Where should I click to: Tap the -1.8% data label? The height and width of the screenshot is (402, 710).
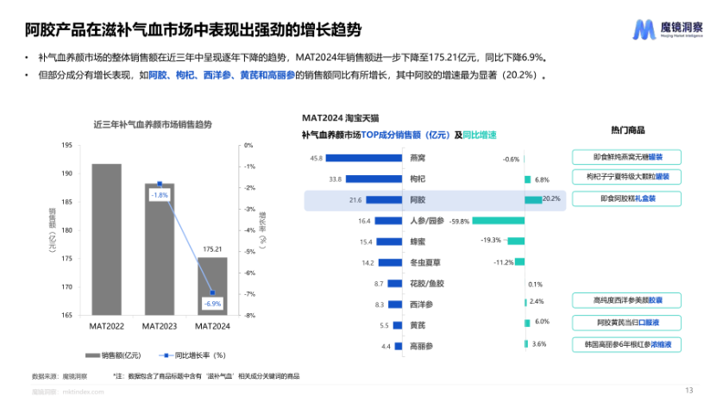pos(160,195)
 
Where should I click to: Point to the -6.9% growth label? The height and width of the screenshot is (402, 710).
pos(211,304)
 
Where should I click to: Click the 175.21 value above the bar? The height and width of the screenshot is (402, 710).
pos(212,249)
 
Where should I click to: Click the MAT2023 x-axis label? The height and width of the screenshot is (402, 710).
pos(159,326)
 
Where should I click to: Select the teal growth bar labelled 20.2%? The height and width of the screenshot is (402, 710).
pos(533,200)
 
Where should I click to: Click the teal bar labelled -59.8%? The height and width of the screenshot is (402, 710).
pos(498,221)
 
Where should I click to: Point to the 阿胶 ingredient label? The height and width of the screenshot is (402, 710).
pos(417,200)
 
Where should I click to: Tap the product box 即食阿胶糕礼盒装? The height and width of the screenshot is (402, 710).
pos(627,198)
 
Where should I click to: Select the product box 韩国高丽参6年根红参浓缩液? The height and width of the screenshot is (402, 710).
pos(627,343)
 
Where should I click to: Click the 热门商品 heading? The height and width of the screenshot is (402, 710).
pos(627,130)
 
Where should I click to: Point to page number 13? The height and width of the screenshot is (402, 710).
pos(688,390)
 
